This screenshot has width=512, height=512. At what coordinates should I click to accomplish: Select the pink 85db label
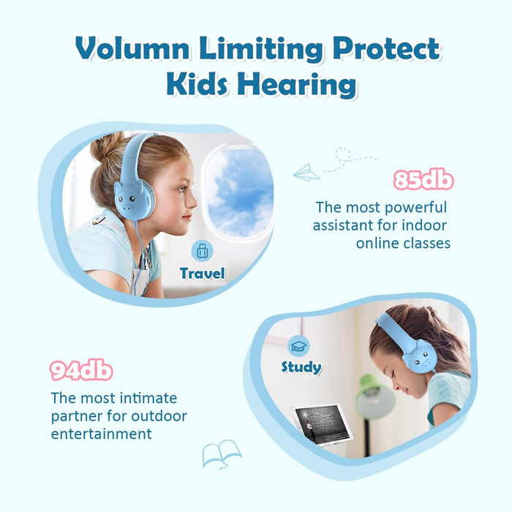[423, 180]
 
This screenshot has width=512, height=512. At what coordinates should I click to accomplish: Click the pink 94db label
[81, 371]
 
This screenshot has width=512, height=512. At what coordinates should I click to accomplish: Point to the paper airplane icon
[306, 173]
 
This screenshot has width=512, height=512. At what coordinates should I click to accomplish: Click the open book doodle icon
[222, 453]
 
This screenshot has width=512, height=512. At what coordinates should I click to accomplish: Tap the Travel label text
[203, 274]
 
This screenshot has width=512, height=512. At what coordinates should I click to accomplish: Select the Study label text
[301, 366]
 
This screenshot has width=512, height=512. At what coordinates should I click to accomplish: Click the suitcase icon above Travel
[202, 252]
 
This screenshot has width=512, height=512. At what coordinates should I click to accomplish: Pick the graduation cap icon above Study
[299, 345]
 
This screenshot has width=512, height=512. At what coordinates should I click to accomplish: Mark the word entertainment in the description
[102, 434]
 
